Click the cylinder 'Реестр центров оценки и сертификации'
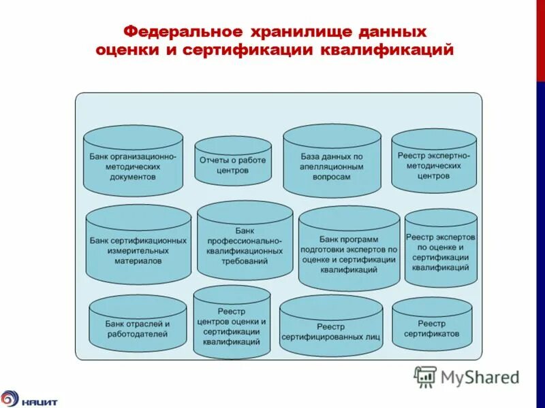(232, 323)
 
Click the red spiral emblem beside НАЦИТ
(10, 398)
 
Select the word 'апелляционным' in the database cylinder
(331, 166)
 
